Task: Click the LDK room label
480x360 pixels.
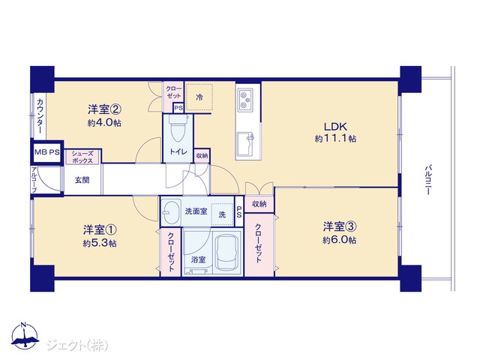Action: (335, 127)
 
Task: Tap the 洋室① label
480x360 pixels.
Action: (100, 229)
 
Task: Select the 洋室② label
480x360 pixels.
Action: (105, 109)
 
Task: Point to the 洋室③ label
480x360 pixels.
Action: (339, 226)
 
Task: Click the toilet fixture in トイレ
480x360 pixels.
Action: (178, 128)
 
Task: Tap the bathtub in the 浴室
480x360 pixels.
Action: (226, 252)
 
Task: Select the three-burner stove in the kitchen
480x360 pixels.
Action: (245, 100)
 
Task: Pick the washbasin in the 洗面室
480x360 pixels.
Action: (171, 211)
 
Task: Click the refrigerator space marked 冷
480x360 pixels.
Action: (199, 97)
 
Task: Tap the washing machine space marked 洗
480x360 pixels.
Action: (223, 214)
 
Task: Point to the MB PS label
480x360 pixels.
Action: (46, 152)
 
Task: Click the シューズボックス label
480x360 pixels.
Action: (82, 157)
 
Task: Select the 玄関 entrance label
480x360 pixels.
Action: (82, 180)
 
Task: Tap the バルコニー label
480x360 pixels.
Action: (428, 180)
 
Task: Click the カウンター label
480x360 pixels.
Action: (40, 116)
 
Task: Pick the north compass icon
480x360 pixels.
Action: (25, 336)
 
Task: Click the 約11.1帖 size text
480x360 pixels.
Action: (335, 139)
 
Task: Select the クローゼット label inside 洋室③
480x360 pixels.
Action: (259, 243)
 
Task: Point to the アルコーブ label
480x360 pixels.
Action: (34, 180)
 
